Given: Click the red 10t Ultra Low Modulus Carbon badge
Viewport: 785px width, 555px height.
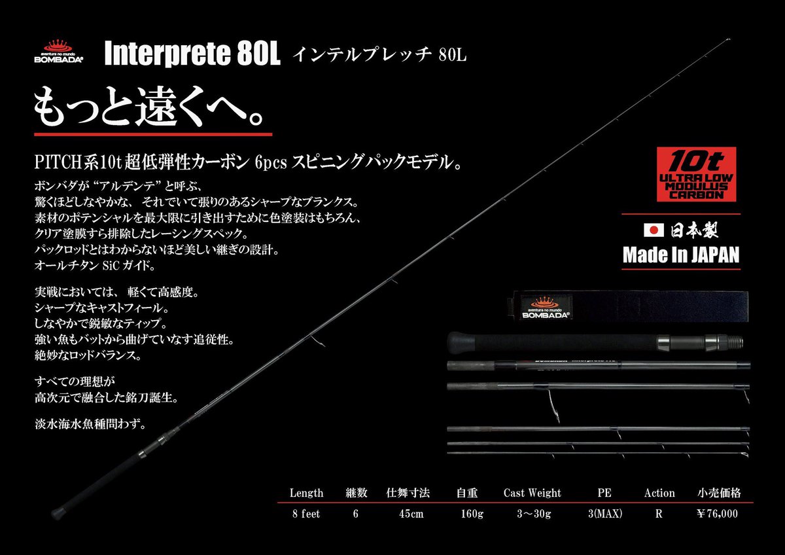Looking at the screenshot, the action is click(695, 173).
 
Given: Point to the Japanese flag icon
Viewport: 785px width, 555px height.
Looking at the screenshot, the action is click(654, 230).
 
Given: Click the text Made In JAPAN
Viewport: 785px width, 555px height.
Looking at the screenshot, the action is click(680, 255).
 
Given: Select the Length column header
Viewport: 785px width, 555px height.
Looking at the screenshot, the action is click(306, 493).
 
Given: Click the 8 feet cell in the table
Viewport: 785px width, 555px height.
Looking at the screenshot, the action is click(306, 514).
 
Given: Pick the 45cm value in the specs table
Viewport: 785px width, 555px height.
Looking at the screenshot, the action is click(411, 514).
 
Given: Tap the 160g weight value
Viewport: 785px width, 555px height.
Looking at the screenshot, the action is click(470, 514).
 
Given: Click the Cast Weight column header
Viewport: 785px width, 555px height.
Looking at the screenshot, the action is click(532, 493).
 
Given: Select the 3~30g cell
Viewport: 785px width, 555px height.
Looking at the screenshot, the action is click(532, 514).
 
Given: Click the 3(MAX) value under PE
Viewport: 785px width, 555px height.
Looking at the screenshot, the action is click(604, 514).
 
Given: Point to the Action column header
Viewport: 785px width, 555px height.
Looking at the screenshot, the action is click(659, 493).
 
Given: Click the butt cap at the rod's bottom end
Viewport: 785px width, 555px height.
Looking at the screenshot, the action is click(58, 509).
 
